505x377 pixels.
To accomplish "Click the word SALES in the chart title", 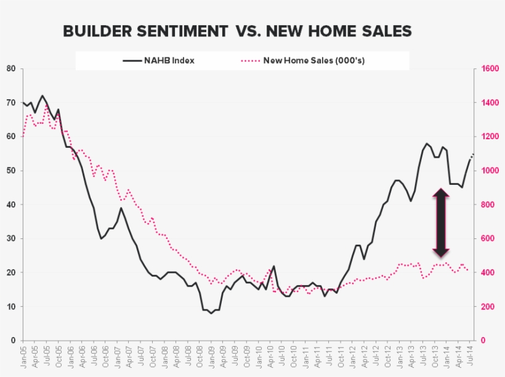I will click(385, 31).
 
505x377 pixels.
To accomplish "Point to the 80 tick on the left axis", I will click(11, 68).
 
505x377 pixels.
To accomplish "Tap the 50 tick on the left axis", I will click(11, 171).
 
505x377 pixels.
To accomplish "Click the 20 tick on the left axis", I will click(11, 272).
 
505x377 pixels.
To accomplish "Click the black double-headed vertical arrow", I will click(440, 222).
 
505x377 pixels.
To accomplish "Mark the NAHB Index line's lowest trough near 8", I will click(211, 314).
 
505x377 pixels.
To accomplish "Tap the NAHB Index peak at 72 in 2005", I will click(42, 95).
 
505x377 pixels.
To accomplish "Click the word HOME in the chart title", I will click(325, 31).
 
